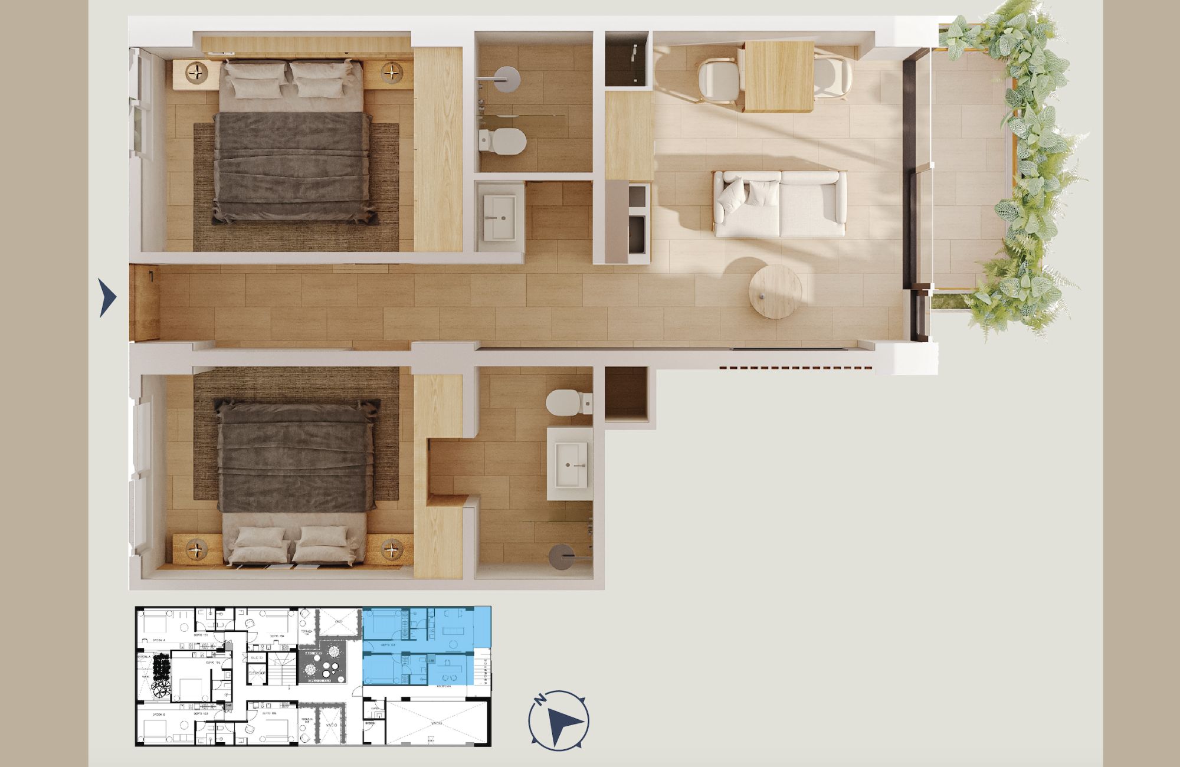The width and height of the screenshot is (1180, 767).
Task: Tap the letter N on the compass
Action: click(539, 700)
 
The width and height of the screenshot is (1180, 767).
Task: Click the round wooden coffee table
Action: click(775, 291)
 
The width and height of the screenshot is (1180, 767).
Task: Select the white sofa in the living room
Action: click(779, 204)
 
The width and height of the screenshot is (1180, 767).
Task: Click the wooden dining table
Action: click(779, 76)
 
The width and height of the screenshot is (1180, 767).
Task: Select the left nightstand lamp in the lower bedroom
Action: click(196, 549)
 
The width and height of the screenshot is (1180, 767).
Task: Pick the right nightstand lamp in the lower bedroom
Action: click(391, 549)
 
